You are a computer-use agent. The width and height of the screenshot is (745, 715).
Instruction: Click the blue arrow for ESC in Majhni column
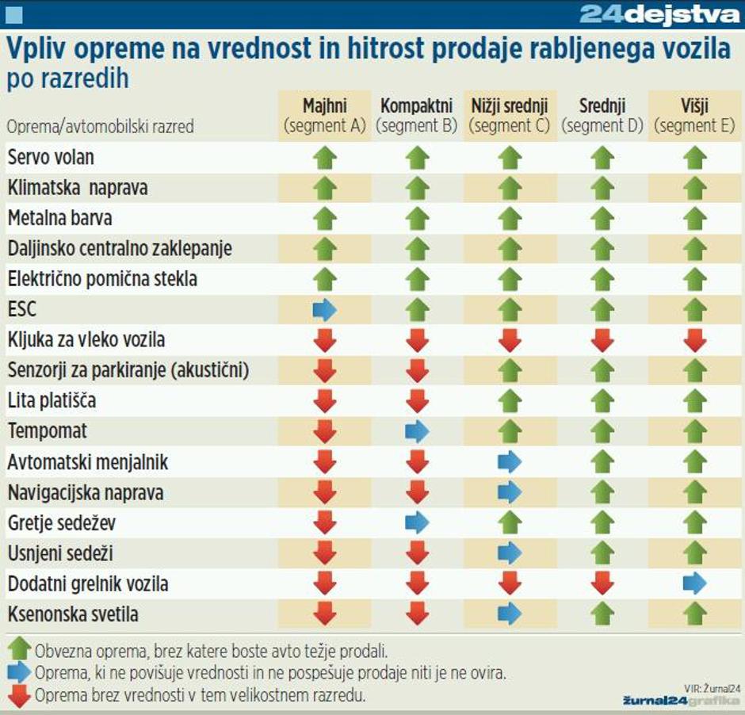(325, 310)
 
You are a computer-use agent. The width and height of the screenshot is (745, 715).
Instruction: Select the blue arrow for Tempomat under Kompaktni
(417, 432)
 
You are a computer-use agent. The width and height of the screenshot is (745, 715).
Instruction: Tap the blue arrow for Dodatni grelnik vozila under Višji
(694, 584)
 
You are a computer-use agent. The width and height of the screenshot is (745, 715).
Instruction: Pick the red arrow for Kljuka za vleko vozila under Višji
(694, 340)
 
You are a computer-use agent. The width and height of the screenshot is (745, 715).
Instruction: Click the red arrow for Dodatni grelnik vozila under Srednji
(602, 584)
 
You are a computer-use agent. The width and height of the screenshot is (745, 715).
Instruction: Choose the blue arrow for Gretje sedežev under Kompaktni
(417, 523)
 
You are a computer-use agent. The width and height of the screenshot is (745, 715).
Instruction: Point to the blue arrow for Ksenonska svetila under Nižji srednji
(510, 614)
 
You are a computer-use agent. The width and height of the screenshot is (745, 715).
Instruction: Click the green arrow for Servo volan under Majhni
(325, 158)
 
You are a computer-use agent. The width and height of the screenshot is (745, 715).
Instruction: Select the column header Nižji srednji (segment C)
(510, 116)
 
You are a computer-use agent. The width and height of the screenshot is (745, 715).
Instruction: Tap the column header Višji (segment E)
(694, 116)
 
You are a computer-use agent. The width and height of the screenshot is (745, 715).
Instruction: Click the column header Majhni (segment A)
(325, 116)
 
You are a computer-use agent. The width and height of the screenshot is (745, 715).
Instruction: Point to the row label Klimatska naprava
(78, 188)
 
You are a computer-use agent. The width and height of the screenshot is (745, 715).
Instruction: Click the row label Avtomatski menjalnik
(88, 462)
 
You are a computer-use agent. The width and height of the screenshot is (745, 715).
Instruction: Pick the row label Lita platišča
(52, 401)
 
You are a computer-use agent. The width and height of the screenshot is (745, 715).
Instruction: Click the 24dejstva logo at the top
(659, 14)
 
